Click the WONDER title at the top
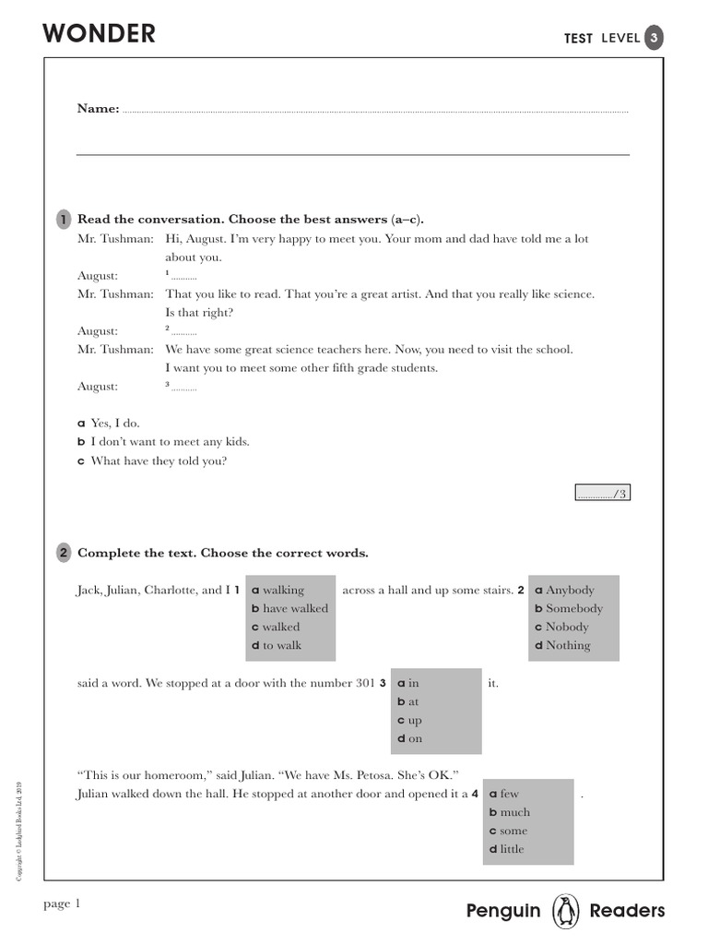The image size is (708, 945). point(100,34)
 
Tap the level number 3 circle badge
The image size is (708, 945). point(654,38)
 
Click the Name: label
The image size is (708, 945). point(98,109)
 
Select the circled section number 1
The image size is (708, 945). point(63,220)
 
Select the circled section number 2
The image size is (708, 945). point(63,553)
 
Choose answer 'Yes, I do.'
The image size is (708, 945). point(114,424)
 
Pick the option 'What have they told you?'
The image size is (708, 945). point(158,461)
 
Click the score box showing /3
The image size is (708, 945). point(603,494)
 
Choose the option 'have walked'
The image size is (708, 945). point(295,609)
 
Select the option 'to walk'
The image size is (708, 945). point(282,646)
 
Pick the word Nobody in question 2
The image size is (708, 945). point(567,628)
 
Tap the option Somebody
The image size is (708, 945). point(574,609)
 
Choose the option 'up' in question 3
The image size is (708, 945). point(415,721)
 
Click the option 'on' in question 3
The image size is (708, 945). point(415,739)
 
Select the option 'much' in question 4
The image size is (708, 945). point(514,813)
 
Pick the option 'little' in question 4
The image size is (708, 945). point(512,850)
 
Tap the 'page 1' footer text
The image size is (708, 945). point(63,904)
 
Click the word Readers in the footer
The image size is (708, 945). point(627,912)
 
